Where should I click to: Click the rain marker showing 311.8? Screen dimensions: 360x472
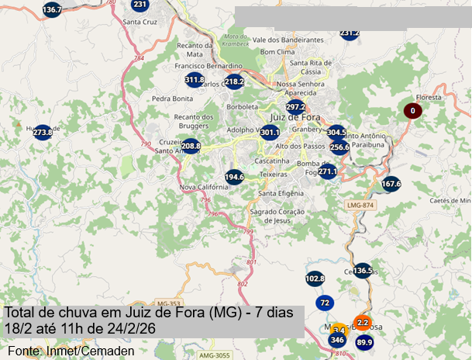pos(195,80)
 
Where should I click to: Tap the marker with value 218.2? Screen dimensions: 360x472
pos(234,81)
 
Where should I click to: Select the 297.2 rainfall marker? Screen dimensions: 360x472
pos(295,107)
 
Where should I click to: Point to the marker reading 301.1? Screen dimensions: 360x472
pos(269,133)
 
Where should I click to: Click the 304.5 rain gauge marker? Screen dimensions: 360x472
pos(336,133)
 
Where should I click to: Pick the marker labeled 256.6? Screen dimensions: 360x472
pos(339,147)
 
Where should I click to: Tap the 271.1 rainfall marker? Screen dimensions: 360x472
pos(328,171)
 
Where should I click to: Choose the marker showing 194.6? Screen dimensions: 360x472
pos(234,177)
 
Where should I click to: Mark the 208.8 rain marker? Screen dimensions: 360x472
pos(191,146)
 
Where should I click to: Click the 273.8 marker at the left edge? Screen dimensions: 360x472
pos(43,133)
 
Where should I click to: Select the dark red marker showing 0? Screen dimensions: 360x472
pos(412,111)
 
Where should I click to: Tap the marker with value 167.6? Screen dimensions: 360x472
pos(391,184)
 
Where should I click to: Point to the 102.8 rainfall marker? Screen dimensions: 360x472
pos(315,278)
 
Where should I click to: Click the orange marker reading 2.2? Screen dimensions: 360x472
pos(362,321)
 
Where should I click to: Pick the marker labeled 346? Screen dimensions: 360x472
pos(337,339)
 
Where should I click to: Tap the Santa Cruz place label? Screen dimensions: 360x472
pos(140,22)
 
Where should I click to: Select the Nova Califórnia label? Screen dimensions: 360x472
pos(202,187)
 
